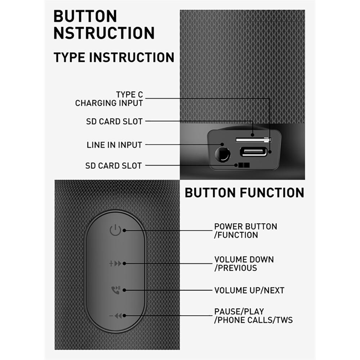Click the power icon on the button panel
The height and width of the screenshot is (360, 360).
[x=115, y=230]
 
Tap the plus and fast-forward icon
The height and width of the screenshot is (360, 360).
[x=115, y=264]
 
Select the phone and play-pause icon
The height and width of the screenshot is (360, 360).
[x=116, y=290]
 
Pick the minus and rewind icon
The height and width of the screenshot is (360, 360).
[x=115, y=316]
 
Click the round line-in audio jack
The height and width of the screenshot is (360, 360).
[x=222, y=154]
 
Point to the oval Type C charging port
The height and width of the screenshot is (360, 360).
[x=253, y=152]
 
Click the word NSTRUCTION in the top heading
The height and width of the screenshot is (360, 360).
[x=104, y=33]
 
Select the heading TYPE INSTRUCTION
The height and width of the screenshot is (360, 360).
[x=114, y=57]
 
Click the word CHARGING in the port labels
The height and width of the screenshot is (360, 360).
[x=93, y=103]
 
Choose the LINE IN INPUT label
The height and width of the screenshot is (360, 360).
[x=114, y=145]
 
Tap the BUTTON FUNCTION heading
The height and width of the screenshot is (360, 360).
[x=244, y=192]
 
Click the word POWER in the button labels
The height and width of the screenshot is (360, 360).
[x=228, y=226]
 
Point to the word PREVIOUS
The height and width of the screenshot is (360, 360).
[x=237, y=268]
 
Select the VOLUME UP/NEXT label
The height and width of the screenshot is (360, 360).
[x=249, y=291]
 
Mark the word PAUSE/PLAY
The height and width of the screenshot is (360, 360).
[x=239, y=311]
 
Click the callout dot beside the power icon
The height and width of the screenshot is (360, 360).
[x=124, y=230]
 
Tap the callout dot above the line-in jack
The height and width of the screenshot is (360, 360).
[x=222, y=144]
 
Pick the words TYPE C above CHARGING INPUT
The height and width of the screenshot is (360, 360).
[x=129, y=95]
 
